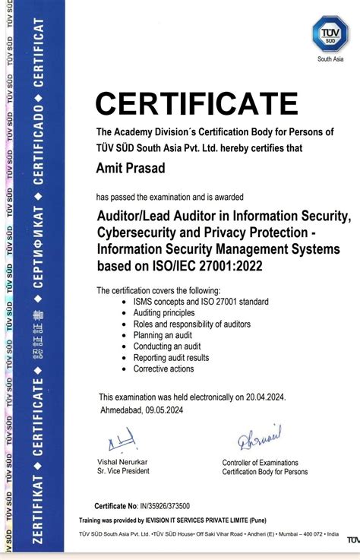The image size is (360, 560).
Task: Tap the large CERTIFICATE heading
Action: click(197, 103)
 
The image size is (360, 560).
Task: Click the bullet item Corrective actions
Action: click(163, 369)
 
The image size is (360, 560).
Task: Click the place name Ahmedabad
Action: click(125, 410)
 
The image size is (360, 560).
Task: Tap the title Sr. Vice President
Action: click(123, 471)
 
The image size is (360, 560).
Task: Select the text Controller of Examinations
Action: click(260, 463)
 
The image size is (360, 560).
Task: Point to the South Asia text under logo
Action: click(330, 59)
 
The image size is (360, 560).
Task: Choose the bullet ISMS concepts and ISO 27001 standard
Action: click(201, 302)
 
